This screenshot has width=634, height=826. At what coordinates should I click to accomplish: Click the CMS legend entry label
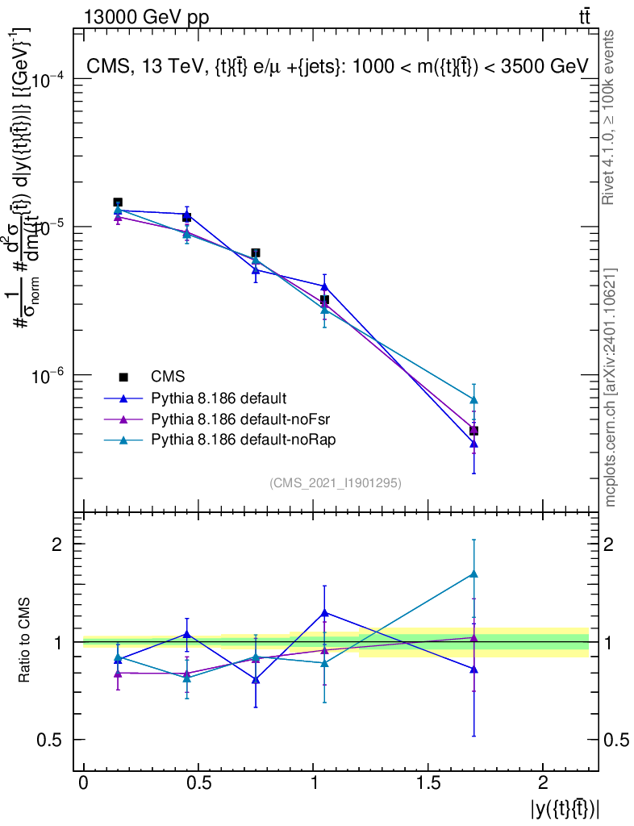click(x=168, y=377)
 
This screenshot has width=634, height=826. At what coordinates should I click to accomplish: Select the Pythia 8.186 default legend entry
click(x=219, y=398)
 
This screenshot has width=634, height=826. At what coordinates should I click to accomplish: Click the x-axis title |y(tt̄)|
click(x=565, y=807)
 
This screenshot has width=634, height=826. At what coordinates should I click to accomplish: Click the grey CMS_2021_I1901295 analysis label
click(x=336, y=482)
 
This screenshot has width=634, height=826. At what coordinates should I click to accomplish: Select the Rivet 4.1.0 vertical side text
click(x=610, y=117)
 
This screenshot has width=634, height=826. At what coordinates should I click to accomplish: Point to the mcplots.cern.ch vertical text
click(x=610, y=387)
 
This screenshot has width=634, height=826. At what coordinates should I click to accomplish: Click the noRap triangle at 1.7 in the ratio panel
click(x=474, y=574)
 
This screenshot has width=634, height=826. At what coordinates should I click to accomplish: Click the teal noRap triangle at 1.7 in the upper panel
click(x=474, y=399)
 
